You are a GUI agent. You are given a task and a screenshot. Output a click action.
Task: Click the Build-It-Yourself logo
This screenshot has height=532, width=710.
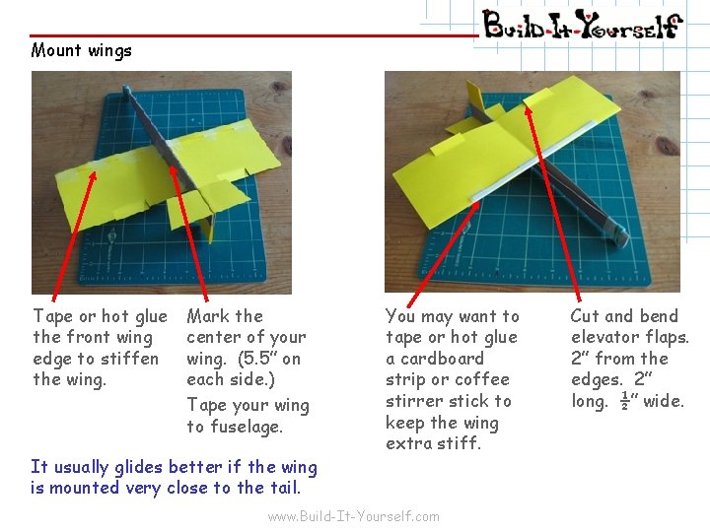tap(583, 25)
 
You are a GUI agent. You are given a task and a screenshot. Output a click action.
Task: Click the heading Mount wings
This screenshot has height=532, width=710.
tap(82, 50)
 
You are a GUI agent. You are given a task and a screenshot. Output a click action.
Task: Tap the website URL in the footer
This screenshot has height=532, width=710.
tap(354, 516)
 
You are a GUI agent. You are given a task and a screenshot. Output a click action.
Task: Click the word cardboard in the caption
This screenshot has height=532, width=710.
tap(443, 359)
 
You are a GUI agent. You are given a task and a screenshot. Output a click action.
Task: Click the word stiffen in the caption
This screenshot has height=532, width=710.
tap(129, 359)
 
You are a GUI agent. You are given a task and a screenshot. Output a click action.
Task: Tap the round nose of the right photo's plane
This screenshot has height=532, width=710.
tap(620, 235)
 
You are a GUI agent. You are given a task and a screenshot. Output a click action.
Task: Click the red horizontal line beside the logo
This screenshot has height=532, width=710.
tap(254, 34)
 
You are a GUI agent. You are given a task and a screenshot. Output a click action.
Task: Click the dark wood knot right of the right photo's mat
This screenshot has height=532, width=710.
tap(666, 147)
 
